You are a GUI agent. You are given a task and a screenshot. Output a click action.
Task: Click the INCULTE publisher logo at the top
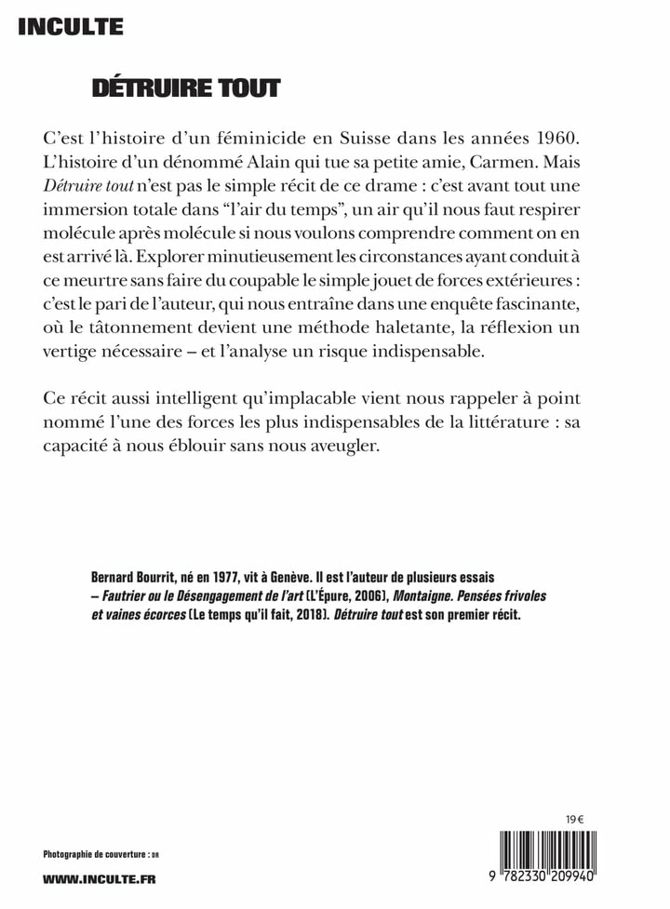tap(70, 27)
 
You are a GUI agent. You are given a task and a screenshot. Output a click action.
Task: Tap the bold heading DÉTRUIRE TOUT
tap(185, 88)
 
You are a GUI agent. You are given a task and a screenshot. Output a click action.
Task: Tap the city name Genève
tap(303, 577)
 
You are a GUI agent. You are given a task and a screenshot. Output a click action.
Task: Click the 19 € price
tap(573, 820)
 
